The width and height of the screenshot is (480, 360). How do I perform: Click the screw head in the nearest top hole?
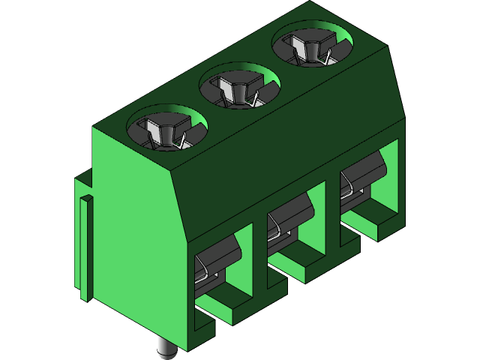pos(166,133)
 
